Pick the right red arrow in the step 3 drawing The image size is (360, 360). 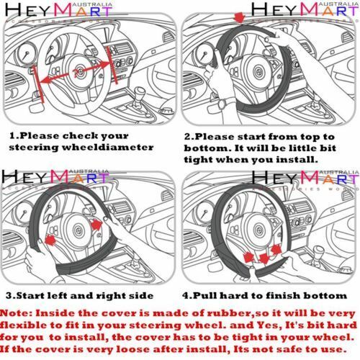(x=96, y=226)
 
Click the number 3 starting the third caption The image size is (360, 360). (x=8, y=295)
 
